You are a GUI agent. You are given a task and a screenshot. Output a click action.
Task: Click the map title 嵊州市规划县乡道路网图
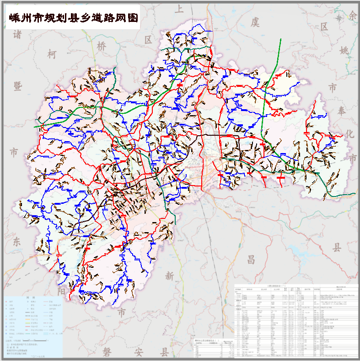pos(72,18)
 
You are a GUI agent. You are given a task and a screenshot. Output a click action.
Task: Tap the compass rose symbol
pos(339,18)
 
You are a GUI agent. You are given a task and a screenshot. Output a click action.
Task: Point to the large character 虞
pos(254,21)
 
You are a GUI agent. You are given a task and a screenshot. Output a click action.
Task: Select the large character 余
pos(352,15)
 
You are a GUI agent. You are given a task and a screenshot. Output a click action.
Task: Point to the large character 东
pos(17,241)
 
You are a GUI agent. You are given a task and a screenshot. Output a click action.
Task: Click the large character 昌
pos(251,260)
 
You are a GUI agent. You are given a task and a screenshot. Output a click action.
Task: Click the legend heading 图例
pos(31,297)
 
